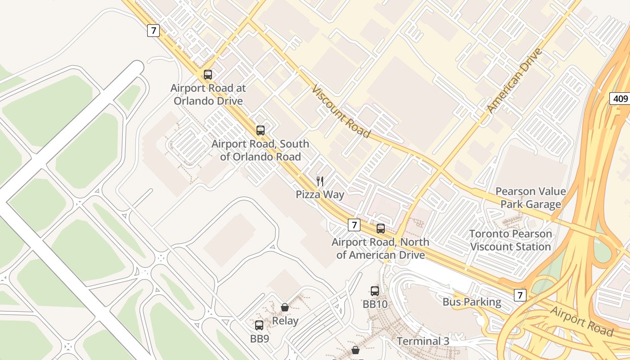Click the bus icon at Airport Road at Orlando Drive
(x=207, y=75)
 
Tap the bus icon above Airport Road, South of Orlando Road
(x=260, y=130)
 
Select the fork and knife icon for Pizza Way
(x=320, y=181)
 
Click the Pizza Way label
(x=320, y=194)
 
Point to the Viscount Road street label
(x=341, y=111)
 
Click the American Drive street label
(x=514, y=81)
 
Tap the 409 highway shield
(x=620, y=99)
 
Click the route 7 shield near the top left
(x=153, y=31)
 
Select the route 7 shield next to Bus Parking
(x=520, y=295)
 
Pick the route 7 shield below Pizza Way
(x=354, y=225)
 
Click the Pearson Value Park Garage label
(x=531, y=198)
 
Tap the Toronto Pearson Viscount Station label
(x=510, y=240)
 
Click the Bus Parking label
(x=472, y=301)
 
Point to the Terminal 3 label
(x=423, y=341)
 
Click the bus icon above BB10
(x=375, y=291)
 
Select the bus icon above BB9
(x=259, y=325)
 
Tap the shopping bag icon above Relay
(x=285, y=307)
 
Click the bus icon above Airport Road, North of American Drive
(x=381, y=229)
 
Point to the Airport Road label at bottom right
(x=581, y=321)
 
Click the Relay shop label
(x=285, y=321)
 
